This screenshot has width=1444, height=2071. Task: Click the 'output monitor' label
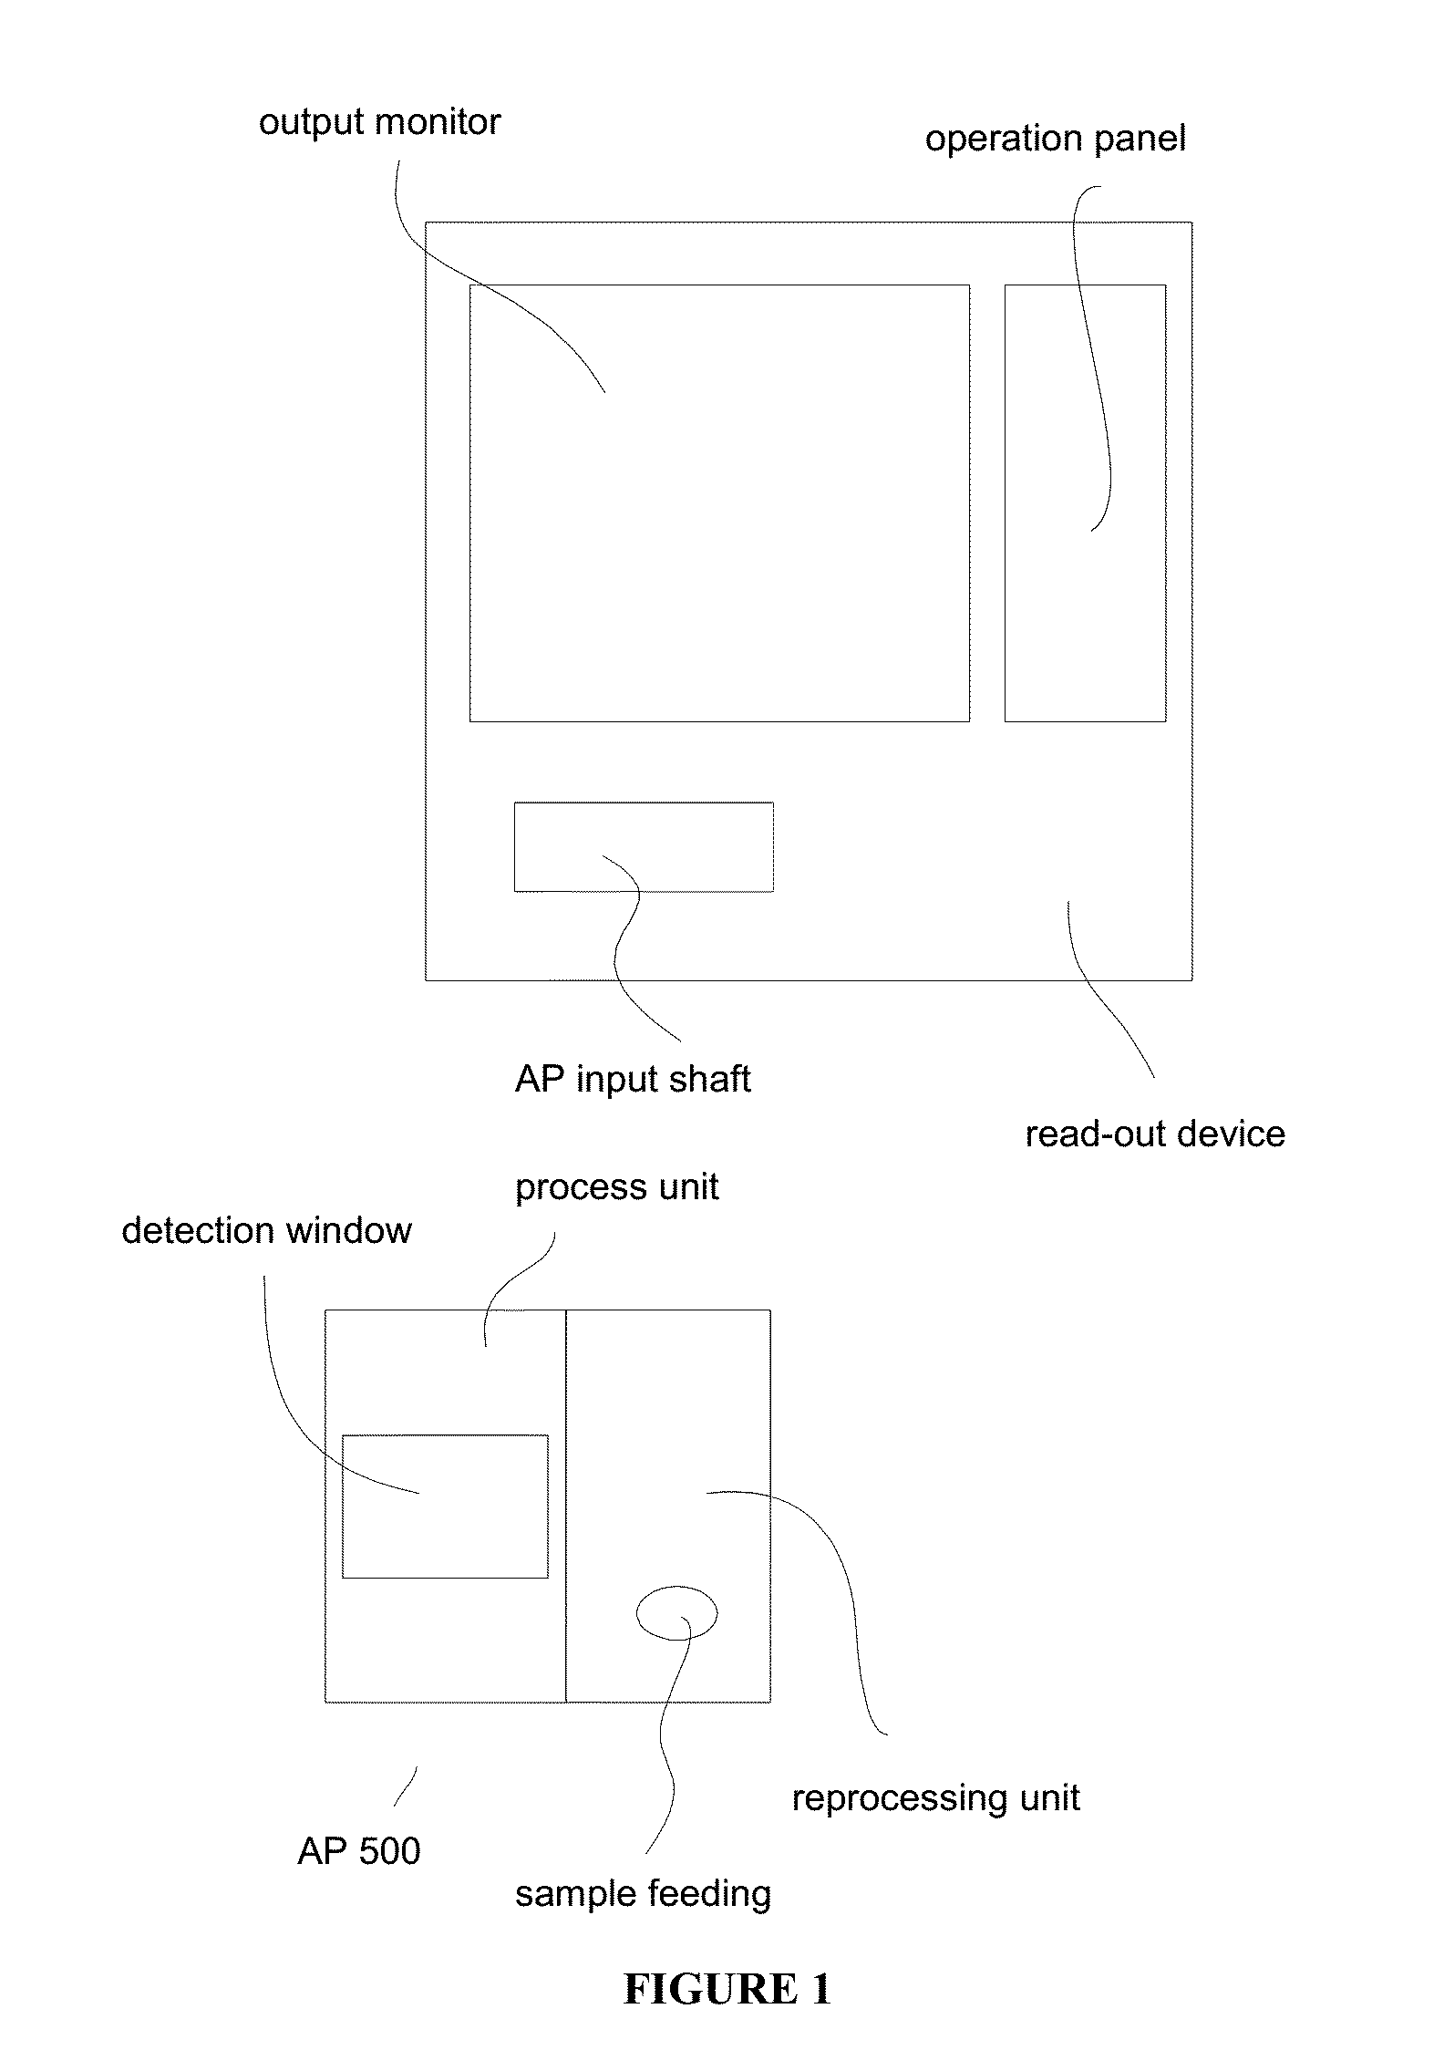pyautogui.click(x=379, y=123)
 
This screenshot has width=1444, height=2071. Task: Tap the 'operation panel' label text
pyautogui.click(x=1056, y=140)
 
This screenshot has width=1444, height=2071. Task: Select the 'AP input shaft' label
pyautogui.click(x=633, y=1080)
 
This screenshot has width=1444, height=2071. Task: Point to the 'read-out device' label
pyautogui.click(x=1155, y=1134)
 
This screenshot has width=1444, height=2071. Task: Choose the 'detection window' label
pyautogui.click(x=266, y=1231)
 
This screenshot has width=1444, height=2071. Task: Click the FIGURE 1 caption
pyautogui.click(x=727, y=1990)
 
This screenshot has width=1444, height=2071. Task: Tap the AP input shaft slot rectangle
pyautogui.click(x=644, y=803)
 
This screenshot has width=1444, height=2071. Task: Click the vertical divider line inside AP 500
pyautogui.click(x=566, y=1506)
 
